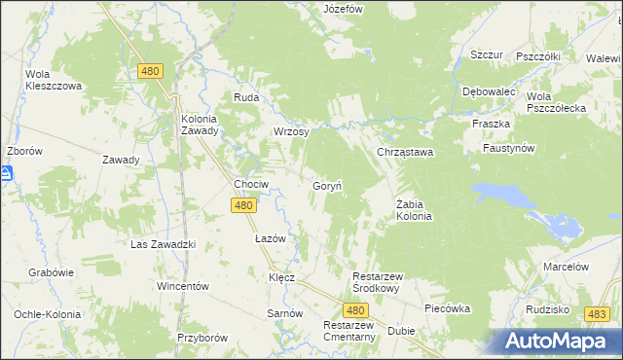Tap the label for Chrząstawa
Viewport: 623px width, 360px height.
tap(405, 153)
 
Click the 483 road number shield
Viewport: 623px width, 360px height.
tap(598, 313)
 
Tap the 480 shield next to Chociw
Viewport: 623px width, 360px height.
tap(244, 205)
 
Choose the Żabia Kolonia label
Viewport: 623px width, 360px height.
tap(414, 210)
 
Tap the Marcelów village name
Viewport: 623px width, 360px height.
tap(567, 267)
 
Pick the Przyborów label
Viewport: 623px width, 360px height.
tap(202, 338)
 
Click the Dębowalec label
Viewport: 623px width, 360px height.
tap(489, 91)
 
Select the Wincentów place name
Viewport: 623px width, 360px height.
tap(184, 287)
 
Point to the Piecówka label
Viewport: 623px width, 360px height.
tap(448, 308)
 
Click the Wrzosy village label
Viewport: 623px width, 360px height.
tap(291, 131)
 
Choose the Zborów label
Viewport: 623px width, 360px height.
tap(23, 152)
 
